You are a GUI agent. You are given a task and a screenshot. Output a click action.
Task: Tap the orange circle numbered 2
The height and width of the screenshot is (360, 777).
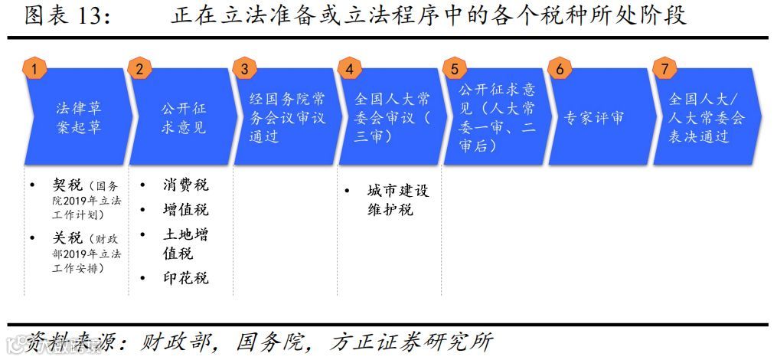click(x=139, y=69)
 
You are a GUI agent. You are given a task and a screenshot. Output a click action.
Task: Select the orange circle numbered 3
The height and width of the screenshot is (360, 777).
click(x=244, y=69)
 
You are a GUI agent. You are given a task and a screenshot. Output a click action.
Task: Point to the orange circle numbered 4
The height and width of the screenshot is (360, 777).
click(x=350, y=69)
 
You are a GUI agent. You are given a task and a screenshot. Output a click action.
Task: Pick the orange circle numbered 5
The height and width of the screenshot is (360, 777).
click(x=455, y=69)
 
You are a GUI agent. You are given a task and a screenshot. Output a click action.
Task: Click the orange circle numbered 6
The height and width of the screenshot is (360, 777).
click(x=560, y=69)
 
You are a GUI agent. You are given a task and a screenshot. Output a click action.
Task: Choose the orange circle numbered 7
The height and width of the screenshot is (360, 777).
click(x=664, y=69)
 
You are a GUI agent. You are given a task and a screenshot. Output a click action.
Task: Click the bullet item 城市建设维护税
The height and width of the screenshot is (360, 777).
click(x=397, y=199)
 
